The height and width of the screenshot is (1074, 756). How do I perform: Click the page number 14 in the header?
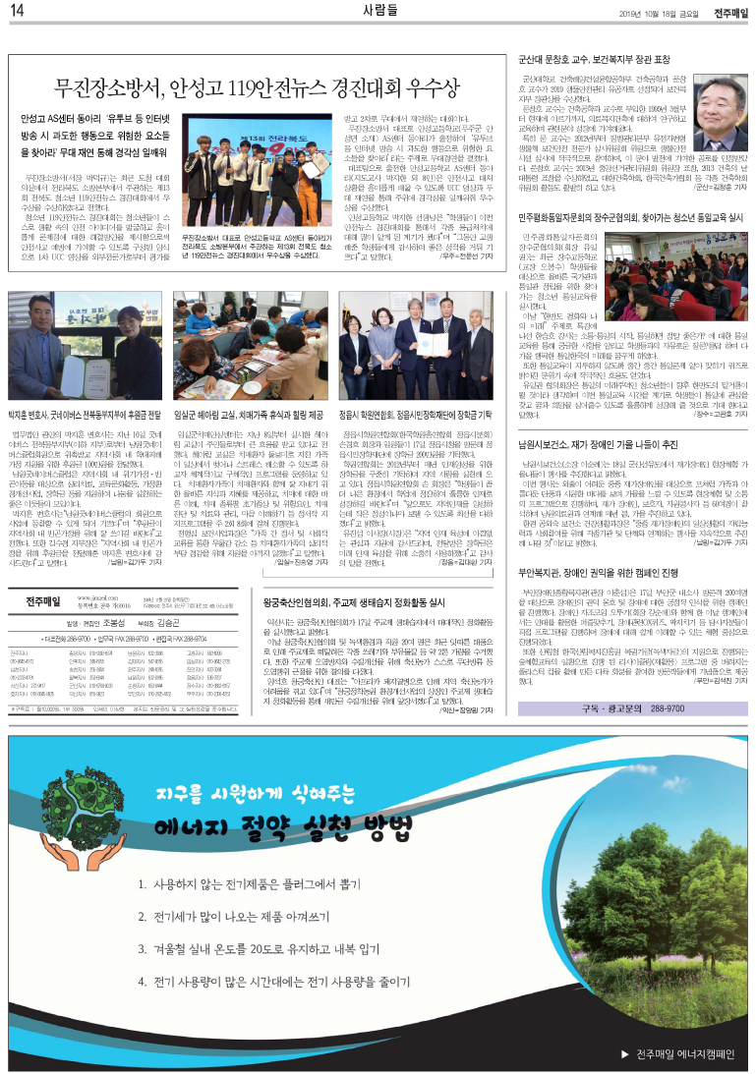tap(18, 11)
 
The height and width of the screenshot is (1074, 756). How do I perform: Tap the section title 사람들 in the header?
tap(378, 11)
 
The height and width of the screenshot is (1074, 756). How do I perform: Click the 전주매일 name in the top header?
tap(730, 11)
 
